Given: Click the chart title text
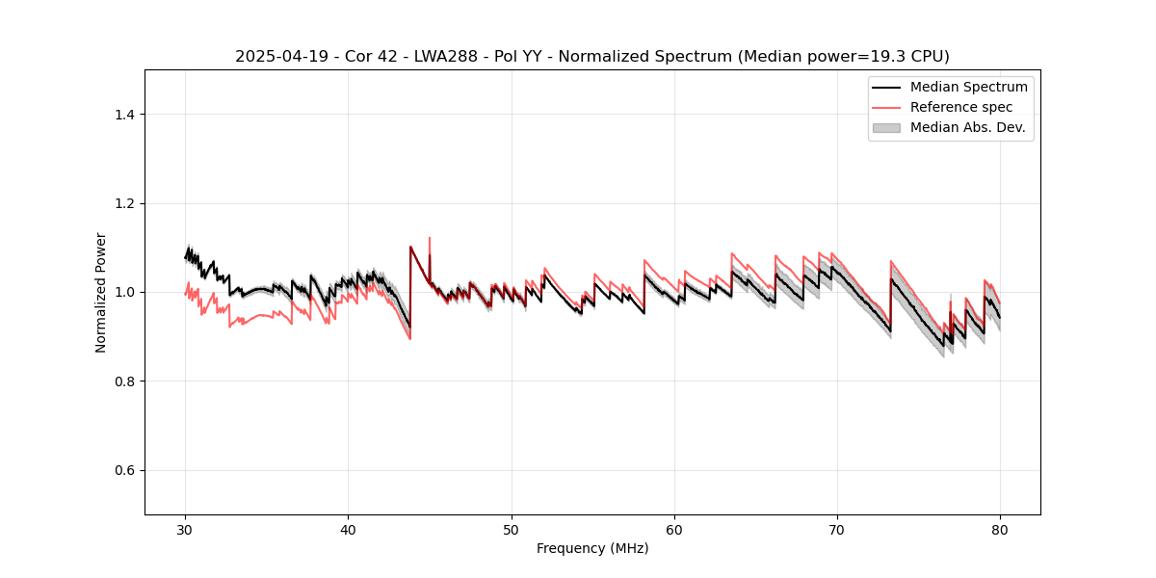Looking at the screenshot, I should pyautogui.click(x=591, y=57).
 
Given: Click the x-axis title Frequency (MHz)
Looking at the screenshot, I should pyautogui.click(x=591, y=548).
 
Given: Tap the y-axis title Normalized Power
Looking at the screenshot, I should pyautogui.click(x=101, y=292).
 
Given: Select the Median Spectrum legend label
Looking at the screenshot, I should pyautogui.click(x=968, y=87).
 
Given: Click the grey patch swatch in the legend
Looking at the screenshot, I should pyautogui.click(x=885, y=127).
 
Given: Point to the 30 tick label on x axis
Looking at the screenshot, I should pyautogui.click(x=185, y=530).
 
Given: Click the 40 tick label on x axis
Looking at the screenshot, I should pyautogui.click(x=348, y=530).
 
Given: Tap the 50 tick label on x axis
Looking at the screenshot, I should pyautogui.click(x=511, y=530).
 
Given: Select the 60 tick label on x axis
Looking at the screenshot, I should pyautogui.click(x=674, y=530).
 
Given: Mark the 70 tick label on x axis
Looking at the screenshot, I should pyautogui.click(x=837, y=530).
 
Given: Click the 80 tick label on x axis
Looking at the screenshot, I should pyautogui.click(x=1000, y=530).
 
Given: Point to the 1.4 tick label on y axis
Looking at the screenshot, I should pyautogui.click(x=124, y=115).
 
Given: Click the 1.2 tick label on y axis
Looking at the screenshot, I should pyautogui.click(x=124, y=203).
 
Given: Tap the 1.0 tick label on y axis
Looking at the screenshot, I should pyautogui.click(x=124, y=292).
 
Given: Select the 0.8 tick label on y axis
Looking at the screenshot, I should pyautogui.click(x=124, y=381).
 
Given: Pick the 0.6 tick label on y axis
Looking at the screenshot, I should pyautogui.click(x=124, y=470).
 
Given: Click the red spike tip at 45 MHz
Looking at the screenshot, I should pyautogui.click(x=430, y=238).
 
